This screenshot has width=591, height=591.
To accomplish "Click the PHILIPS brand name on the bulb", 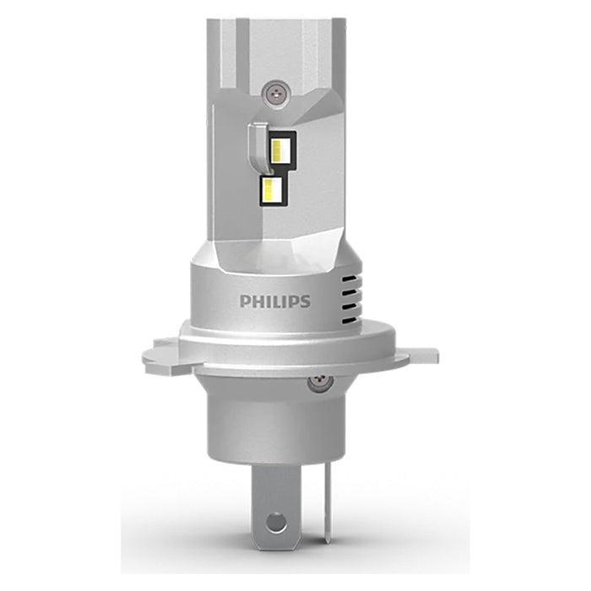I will pyautogui.click(x=274, y=301).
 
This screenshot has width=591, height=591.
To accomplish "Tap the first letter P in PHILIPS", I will pyautogui.click(x=245, y=301).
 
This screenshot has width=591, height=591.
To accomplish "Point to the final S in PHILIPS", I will pyautogui.click(x=305, y=301).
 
